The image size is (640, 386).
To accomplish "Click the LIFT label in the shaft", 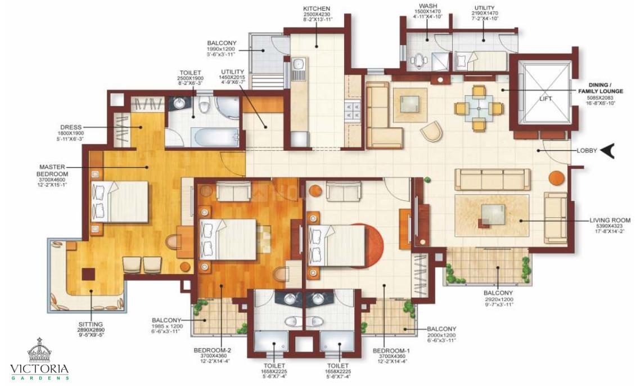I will coord(545,98).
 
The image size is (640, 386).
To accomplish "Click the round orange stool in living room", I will coord(556,177).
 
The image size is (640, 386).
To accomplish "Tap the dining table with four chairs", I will coord(479,107).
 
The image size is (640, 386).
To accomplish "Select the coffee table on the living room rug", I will coord(492,214).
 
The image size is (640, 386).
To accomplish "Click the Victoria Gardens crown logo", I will coord(39,351).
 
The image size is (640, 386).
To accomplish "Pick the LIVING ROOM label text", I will coord(610,221).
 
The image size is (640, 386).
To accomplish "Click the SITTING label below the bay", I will coord(92,324).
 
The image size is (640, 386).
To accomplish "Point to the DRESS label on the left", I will coord(71,127).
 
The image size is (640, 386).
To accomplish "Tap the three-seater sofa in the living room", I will coord(492,179).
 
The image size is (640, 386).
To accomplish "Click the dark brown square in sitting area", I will coord(88,274).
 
